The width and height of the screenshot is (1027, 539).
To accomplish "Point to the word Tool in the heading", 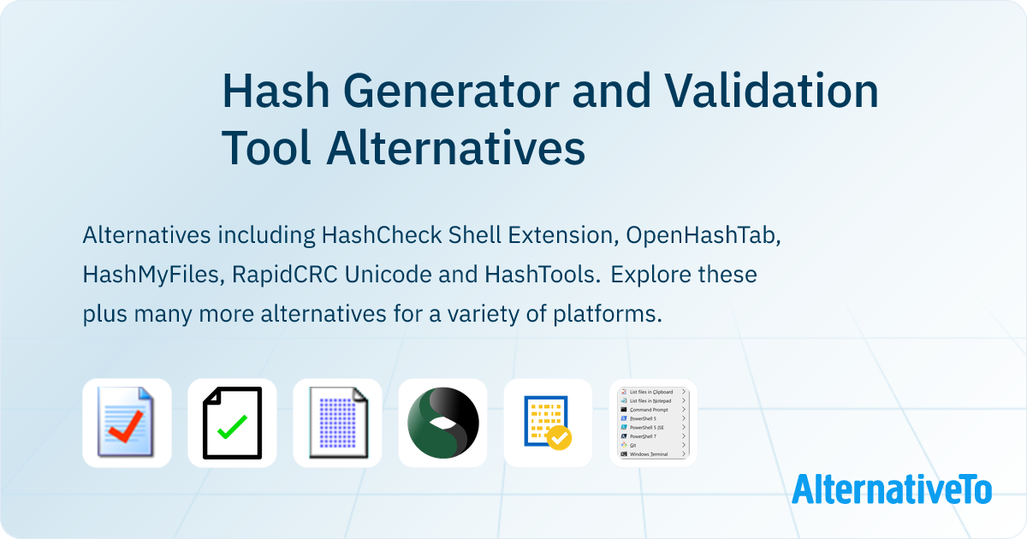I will (x=266, y=148).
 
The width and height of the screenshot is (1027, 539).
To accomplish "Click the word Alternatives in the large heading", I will (x=455, y=148).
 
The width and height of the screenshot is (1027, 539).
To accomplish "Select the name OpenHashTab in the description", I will (x=701, y=235).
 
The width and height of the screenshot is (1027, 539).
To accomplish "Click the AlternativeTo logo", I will (x=891, y=489).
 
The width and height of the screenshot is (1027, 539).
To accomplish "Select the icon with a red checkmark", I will (x=127, y=423).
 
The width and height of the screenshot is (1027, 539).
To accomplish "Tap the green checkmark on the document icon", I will (x=232, y=425).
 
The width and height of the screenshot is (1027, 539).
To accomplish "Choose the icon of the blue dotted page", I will (x=337, y=423).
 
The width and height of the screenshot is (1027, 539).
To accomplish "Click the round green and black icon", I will (x=442, y=423).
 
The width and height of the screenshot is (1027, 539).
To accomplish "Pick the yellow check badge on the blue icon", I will (x=559, y=438).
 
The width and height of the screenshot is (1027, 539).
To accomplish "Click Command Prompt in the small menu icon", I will (x=649, y=409).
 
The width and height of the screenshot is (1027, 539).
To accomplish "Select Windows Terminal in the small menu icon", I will (x=649, y=453).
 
